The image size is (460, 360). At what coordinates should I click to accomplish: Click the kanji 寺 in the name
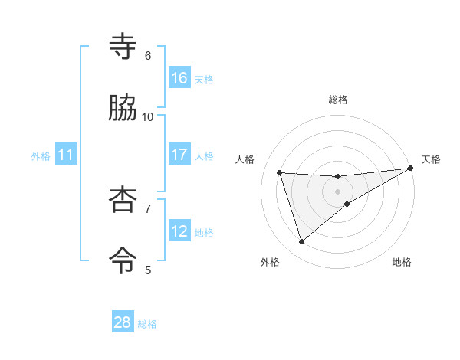tap(123, 47)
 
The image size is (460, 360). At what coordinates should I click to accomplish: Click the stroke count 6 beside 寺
tap(148, 55)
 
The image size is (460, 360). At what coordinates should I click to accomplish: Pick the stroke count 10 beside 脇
tap(148, 116)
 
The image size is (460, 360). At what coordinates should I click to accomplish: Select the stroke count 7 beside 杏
tap(148, 208)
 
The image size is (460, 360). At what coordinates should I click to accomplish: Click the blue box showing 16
tap(179, 78)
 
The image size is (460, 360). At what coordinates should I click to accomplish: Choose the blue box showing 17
tap(179, 155)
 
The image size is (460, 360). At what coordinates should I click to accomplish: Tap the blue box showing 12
tap(179, 231)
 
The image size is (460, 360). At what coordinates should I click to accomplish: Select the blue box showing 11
tap(66, 155)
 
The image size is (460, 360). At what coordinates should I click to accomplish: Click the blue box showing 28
tap(123, 322)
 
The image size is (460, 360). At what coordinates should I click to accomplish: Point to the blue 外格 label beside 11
tap(41, 156)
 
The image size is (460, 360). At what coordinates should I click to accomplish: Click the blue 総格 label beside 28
tap(147, 324)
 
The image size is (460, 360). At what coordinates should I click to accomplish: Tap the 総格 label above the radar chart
tap(338, 100)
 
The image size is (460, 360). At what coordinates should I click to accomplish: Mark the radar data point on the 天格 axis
tap(410, 169)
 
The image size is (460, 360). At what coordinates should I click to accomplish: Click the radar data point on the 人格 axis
tap(280, 172)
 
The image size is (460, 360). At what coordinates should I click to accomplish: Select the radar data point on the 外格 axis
tap(301, 242)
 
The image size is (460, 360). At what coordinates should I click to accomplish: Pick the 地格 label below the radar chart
tap(402, 263)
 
